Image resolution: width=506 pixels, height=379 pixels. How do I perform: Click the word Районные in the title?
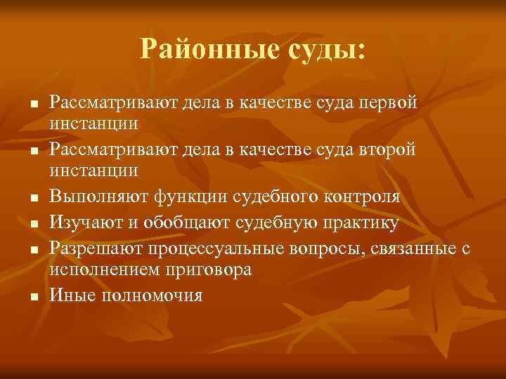click(202, 50)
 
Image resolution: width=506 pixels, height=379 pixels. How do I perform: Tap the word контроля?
click(358, 197)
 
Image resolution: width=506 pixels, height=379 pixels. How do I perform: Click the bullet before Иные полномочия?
click(33, 296)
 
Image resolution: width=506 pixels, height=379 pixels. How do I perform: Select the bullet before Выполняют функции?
click(33, 199)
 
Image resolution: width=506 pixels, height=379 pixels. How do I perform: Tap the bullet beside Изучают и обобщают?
click(33, 224)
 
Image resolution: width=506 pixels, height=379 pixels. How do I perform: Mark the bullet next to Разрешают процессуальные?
click(33, 249)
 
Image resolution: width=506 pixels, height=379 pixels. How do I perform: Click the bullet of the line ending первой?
click(33, 104)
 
